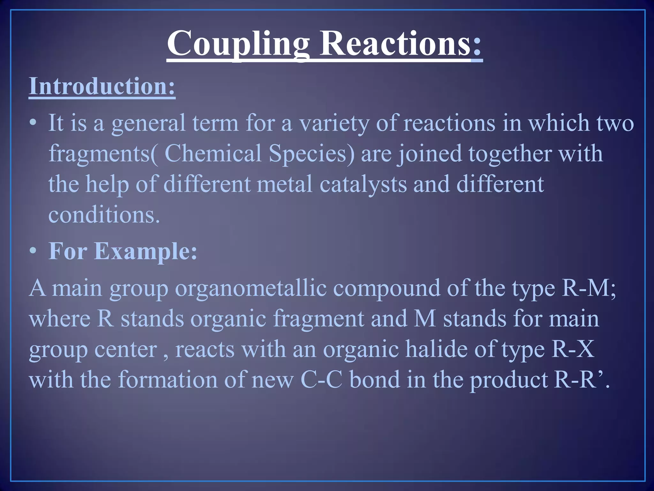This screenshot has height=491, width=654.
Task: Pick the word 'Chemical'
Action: click(x=213, y=153)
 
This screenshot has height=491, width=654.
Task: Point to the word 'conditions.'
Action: click(x=104, y=214)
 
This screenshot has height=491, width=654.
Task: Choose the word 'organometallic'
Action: click(x=251, y=288)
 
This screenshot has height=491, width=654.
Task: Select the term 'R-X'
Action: click(x=573, y=349)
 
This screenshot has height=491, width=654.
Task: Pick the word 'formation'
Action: click(x=168, y=380)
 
